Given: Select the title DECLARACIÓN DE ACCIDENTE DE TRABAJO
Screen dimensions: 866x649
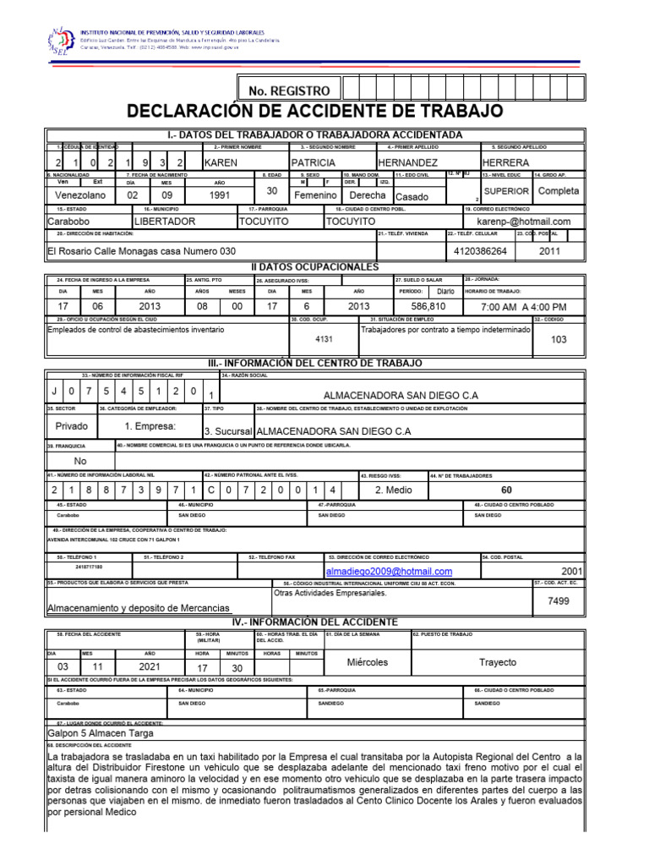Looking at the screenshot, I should click(314, 112).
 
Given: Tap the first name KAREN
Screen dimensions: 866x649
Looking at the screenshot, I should click(221, 162).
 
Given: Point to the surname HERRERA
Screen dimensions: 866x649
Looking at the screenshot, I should click(505, 162).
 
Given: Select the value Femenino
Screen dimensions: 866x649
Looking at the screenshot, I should click(314, 195).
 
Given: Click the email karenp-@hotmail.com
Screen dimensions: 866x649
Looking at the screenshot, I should click(524, 222).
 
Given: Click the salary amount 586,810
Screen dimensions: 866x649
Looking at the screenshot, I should click(428, 305).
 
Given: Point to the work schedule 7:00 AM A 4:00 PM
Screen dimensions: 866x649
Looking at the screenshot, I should click(522, 306).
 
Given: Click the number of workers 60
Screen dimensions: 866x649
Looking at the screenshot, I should click(506, 490).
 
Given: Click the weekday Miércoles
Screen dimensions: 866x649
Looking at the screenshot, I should click(368, 662).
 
